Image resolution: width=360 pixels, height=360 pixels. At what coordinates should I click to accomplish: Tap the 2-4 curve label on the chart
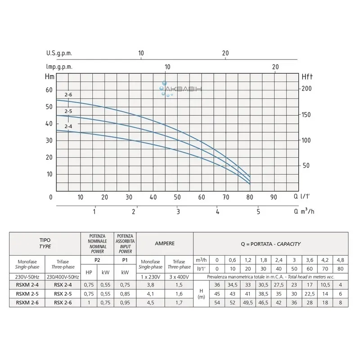pos(68,126)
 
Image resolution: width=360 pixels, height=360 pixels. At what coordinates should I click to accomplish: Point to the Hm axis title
pos(50,76)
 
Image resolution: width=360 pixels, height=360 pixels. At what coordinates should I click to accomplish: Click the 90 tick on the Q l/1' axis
pos(273,197)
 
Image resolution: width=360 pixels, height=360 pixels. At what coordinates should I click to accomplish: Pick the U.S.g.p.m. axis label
pos(59,53)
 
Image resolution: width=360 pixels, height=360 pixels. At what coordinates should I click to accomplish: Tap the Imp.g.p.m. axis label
pos(59,67)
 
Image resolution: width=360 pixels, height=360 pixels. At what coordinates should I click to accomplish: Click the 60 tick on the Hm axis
pos(49,90)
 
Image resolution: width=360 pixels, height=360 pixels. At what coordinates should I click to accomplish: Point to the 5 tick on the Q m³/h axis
pos(258,211)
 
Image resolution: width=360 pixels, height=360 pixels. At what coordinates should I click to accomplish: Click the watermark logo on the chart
pos(182,89)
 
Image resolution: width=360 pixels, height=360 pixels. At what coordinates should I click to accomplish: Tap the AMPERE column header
pos(164,243)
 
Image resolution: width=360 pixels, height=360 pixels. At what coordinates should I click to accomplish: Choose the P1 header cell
pos(126,260)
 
